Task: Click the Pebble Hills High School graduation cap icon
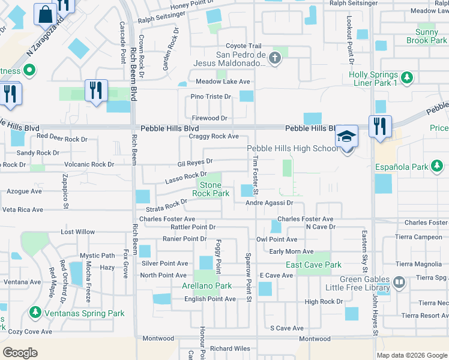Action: pyautogui.click(x=347, y=136)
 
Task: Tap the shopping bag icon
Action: pyautogui.click(x=46, y=13)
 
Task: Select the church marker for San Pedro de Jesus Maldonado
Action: pyautogui.click(x=275, y=58)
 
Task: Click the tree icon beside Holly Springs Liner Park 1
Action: pyautogui.click(x=407, y=77)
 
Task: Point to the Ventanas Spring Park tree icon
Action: pyautogui.click(x=35, y=313)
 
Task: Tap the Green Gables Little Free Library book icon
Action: pyautogui.click(x=399, y=281)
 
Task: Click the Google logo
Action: pyautogui.click(x=20, y=352)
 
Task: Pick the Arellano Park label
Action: pyautogui.click(x=207, y=286)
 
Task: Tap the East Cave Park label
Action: pyautogui.click(x=313, y=265)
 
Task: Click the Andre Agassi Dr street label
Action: pyautogui.click(x=269, y=203)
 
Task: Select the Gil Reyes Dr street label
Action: pyautogui.click(x=195, y=161)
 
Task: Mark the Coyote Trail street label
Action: pyautogui.click(x=243, y=46)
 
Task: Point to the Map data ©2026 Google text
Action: pyautogui.click(x=411, y=355)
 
